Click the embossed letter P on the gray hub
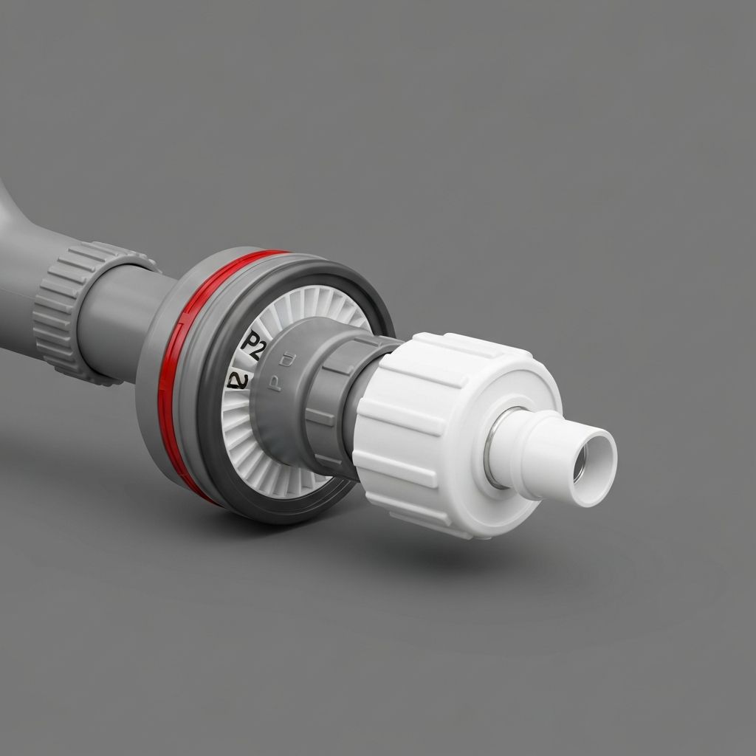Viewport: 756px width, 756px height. click(x=275, y=385)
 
